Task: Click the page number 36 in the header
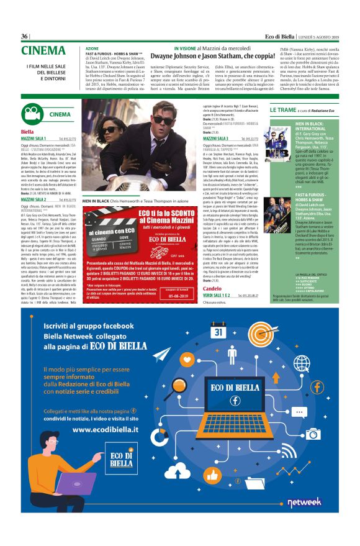[25, 36]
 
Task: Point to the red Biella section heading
[27, 132]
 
